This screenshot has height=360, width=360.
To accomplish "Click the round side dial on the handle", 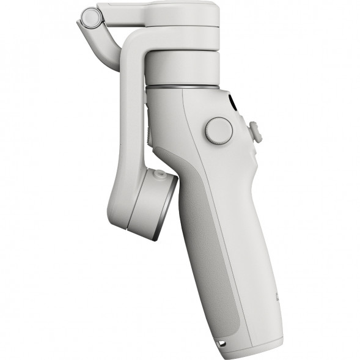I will click(x=218, y=130).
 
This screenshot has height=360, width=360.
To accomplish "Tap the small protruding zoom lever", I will click(x=255, y=132).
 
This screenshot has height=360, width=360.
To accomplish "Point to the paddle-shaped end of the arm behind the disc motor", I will click(x=119, y=202).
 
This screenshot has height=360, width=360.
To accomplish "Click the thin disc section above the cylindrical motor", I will click(x=183, y=37).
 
